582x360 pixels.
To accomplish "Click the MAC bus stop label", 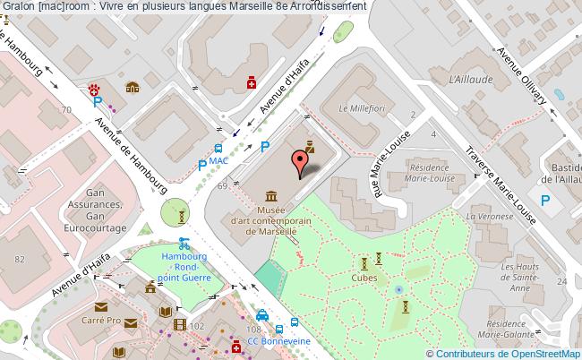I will click(x=218, y=161).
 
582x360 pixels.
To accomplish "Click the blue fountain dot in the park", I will click(x=398, y=289).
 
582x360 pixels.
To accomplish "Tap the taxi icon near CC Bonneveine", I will click(x=262, y=315).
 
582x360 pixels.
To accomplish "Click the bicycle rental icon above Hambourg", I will click(x=184, y=242).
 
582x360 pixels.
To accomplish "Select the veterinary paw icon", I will click(x=92, y=88).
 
